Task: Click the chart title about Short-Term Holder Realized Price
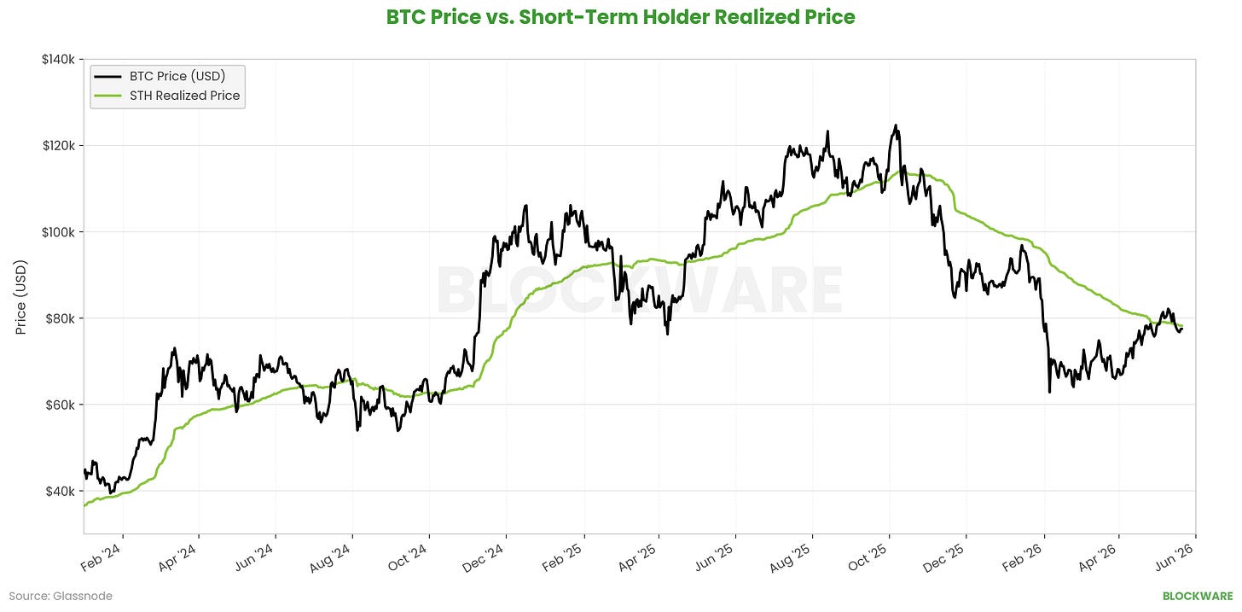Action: (620, 17)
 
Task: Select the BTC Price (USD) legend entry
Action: (167, 76)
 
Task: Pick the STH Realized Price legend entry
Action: (167, 96)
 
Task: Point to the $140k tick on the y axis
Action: (58, 59)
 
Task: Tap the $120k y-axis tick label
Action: (58, 145)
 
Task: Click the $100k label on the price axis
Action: (58, 232)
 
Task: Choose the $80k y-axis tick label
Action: (61, 318)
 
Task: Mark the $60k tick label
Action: (61, 405)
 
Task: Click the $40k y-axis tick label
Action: (61, 492)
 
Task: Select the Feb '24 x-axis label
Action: (101, 557)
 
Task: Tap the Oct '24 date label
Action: (408, 557)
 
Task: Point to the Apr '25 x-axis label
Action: (638, 557)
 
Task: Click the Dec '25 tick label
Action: (943, 557)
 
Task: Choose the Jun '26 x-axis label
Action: (1175, 557)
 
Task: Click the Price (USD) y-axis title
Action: (20, 297)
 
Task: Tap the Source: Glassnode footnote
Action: (61, 596)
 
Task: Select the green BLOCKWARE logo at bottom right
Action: (1198, 596)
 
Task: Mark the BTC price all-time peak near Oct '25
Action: (895, 125)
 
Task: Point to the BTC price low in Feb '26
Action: (1049, 393)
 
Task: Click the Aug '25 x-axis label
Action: (790, 557)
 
